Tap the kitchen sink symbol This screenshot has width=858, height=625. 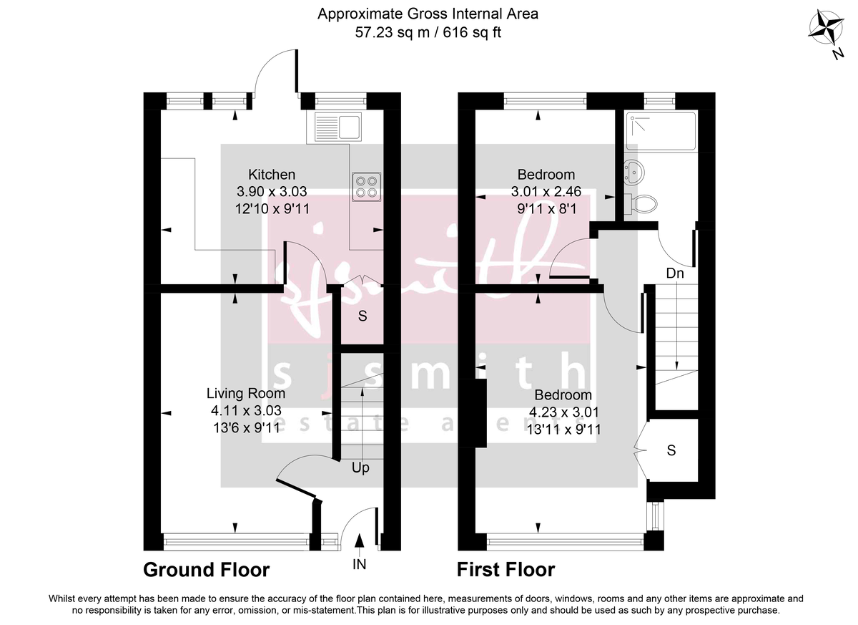coord(337,127)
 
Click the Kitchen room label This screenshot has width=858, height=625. coord(272,174)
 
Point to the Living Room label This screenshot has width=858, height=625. coord(246,393)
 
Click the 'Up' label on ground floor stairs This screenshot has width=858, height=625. coord(360,468)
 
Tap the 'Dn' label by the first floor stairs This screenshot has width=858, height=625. coord(674,273)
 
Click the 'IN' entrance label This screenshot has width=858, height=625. coord(359,565)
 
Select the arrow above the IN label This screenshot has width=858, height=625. coord(359,542)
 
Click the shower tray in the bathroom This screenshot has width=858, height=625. coord(660,131)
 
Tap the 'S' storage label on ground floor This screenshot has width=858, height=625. coord(362,316)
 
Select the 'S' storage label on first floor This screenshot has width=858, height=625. coord(671,451)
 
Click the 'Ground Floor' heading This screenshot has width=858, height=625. coord(207,570)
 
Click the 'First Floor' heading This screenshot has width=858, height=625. coord(506,570)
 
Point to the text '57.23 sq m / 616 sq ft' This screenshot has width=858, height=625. coord(428,32)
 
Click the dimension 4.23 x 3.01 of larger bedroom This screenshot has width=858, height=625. coord(563,412)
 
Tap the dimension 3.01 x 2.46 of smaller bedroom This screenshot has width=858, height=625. coord(546,191)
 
